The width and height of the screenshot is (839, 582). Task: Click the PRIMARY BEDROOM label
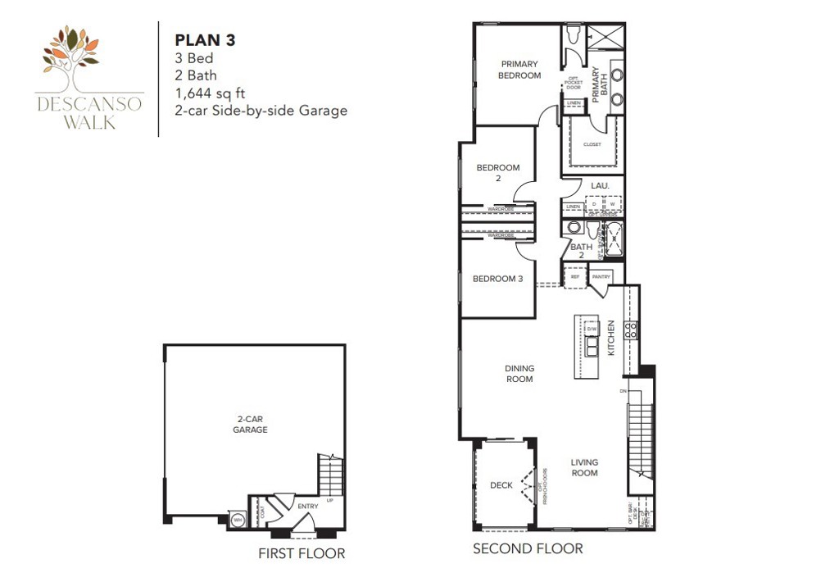(x=520, y=70)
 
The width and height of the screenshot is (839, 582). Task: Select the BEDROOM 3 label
(x=497, y=279)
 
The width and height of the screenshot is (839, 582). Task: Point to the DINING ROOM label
(x=519, y=374)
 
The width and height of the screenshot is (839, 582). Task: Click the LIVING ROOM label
(x=584, y=467)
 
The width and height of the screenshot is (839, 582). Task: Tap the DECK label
(x=501, y=485)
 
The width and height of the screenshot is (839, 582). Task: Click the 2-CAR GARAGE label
(x=250, y=424)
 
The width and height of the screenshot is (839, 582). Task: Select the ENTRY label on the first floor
(x=307, y=507)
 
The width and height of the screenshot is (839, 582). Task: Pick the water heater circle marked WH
(x=238, y=519)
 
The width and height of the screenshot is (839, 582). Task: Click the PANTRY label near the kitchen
(x=602, y=277)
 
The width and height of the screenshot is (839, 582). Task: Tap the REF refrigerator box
(x=574, y=277)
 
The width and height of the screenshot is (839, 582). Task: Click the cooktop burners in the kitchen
(x=632, y=330)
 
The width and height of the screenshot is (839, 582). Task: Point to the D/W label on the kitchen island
(x=592, y=329)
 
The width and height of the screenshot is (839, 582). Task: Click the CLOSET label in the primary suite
(x=592, y=144)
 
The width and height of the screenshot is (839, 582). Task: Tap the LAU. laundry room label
(x=600, y=186)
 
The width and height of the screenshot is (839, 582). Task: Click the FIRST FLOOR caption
(x=302, y=553)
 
